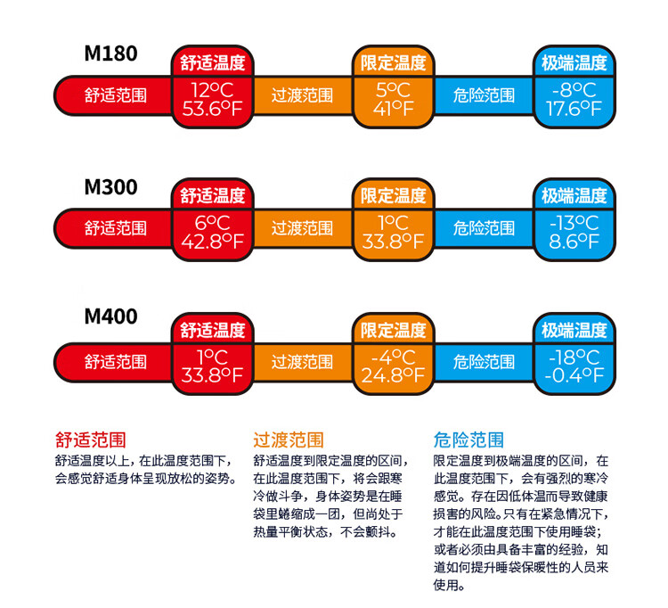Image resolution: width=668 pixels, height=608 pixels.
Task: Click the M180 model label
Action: [x=111, y=53]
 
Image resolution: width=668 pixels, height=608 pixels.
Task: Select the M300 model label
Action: [x=111, y=188]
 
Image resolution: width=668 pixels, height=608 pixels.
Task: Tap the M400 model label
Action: [x=111, y=316]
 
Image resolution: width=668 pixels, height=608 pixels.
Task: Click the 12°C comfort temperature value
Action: [x=211, y=89]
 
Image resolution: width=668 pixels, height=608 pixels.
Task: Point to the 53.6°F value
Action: [x=211, y=109]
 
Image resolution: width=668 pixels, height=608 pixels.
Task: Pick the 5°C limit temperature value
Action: [x=393, y=89]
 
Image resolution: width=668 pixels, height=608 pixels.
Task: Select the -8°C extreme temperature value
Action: [x=574, y=89]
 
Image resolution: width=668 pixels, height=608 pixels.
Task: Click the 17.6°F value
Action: [x=574, y=109]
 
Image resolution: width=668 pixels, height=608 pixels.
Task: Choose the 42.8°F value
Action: [x=211, y=242]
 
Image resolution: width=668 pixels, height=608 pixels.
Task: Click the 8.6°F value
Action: [x=574, y=242]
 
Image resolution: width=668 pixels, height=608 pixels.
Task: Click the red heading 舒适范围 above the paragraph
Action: [x=90, y=440]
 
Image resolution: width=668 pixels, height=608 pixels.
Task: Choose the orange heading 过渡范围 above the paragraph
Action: [x=289, y=440]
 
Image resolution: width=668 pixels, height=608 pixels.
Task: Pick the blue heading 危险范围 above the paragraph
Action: [x=468, y=440]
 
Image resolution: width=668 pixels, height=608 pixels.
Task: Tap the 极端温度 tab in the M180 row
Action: [x=574, y=63]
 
